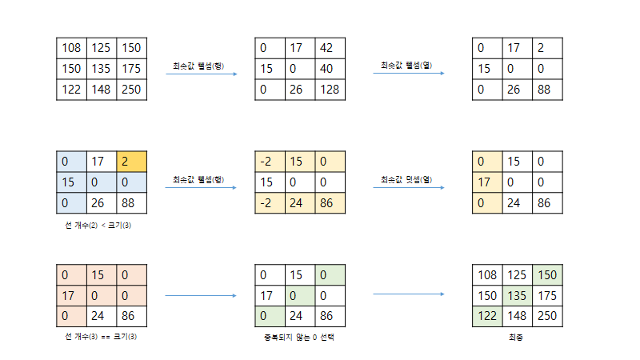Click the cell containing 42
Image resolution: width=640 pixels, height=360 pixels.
[x=330, y=48]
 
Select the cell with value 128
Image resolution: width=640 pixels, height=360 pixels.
[x=330, y=89]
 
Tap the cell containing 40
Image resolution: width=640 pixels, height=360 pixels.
[x=330, y=69]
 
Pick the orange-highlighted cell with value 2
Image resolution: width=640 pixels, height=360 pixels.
[x=131, y=162]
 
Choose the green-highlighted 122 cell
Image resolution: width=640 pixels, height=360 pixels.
[x=487, y=316]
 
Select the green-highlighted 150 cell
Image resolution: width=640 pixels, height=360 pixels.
[x=548, y=275]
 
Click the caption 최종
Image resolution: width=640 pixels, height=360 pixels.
[x=516, y=337]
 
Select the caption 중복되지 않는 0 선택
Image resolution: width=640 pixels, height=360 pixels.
[x=299, y=337]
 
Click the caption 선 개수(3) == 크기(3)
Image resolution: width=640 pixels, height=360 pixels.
[x=100, y=337]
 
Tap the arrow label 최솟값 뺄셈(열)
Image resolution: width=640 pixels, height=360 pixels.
[x=406, y=65]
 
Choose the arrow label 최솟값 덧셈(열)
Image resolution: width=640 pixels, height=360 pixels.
[x=406, y=178]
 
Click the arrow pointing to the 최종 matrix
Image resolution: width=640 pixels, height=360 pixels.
[x=409, y=295]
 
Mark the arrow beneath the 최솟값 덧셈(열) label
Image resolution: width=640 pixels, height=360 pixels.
[x=409, y=188]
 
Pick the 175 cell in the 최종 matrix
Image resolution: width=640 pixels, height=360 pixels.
[x=548, y=296]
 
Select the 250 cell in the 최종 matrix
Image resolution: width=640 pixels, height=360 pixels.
[x=548, y=316]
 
